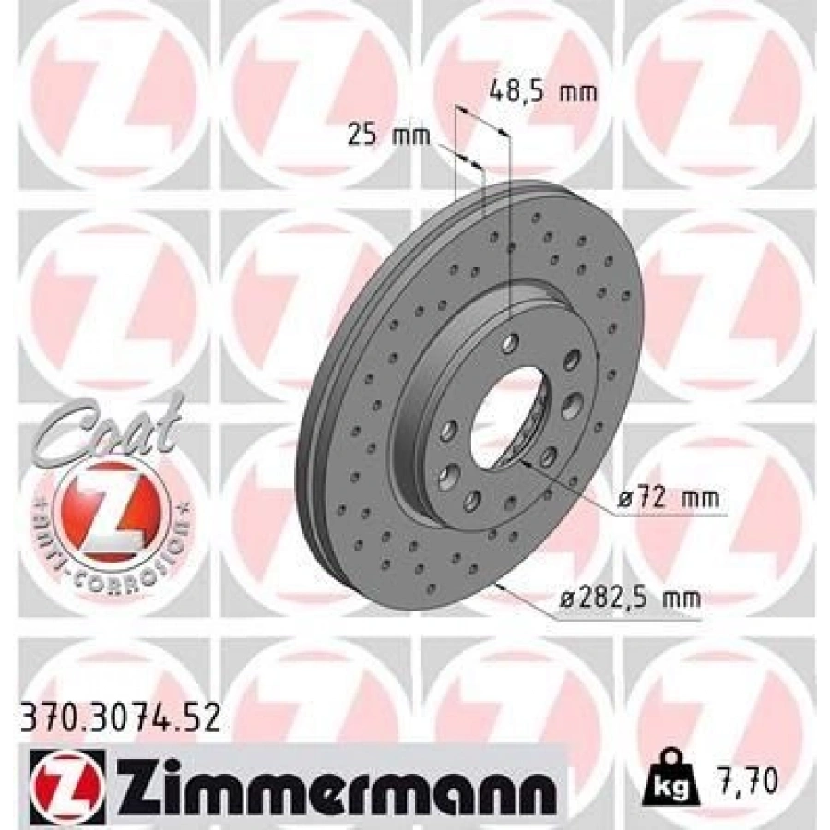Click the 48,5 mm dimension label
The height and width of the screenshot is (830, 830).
click(x=541, y=90)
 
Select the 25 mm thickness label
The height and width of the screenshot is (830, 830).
click(x=389, y=136)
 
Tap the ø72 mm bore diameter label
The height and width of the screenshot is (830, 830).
click(x=668, y=499)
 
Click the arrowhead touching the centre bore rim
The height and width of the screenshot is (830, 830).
click(x=525, y=465)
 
